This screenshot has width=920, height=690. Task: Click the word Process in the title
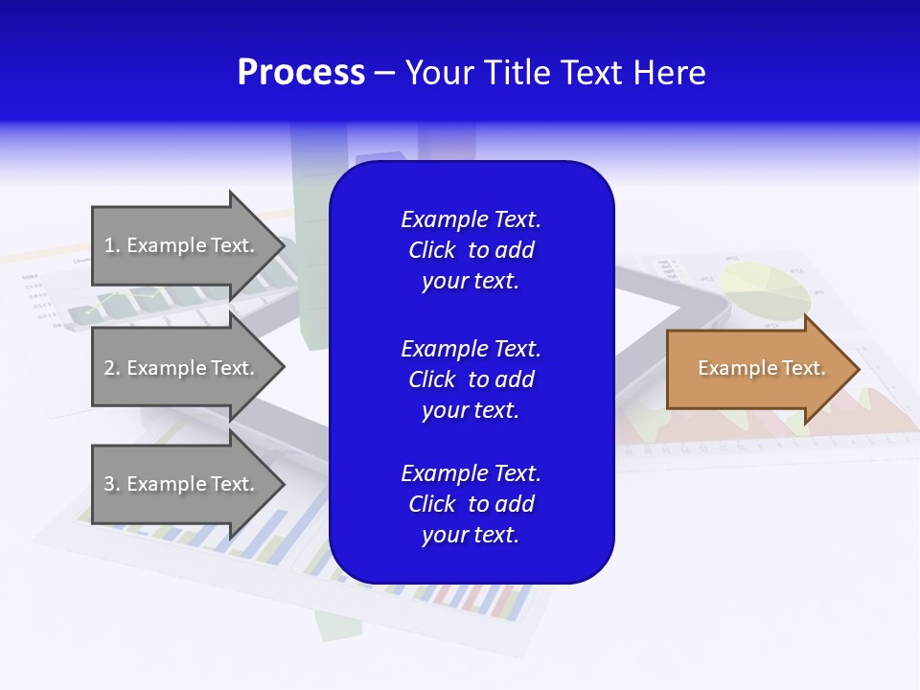point(301,73)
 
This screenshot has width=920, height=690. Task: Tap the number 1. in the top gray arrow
point(112,245)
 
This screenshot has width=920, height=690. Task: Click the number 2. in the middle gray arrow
point(112,368)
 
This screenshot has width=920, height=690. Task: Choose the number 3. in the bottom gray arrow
point(112,484)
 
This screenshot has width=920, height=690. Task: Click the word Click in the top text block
point(431,250)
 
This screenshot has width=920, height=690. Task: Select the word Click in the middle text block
point(431,379)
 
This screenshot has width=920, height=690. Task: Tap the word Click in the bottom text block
point(431,504)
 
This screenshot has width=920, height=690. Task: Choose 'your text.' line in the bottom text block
point(471,536)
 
